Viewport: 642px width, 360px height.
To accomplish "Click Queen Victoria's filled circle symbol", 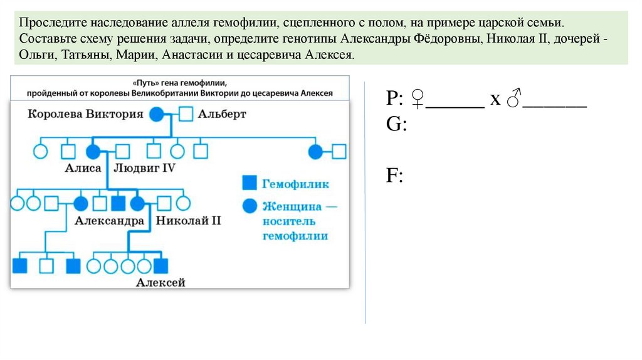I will (x=157, y=114).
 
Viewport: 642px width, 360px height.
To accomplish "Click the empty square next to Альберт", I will (x=186, y=114).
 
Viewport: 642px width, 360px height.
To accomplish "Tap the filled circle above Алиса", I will (x=93, y=151).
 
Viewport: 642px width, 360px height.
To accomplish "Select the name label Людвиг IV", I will (x=144, y=168).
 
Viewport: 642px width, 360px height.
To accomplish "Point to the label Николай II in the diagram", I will (x=188, y=221).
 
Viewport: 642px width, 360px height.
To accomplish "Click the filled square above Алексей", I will (x=162, y=265).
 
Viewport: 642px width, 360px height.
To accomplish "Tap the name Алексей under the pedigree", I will (x=161, y=283).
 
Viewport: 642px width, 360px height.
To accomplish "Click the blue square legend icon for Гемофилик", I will (x=249, y=183).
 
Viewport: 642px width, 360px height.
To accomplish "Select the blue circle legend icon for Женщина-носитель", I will (x=249, y=206).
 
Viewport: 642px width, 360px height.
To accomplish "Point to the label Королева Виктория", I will (x=86, y=114).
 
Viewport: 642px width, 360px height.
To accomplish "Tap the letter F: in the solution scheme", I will (x=394, y=175).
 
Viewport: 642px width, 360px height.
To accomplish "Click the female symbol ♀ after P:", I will (x=418, y=98).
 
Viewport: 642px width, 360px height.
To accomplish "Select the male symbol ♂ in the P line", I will (x=514, y=98).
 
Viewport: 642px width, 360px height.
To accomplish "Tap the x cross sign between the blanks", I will (x=495, y=100).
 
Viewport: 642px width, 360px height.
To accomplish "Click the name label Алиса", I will (x=83, y=168).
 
